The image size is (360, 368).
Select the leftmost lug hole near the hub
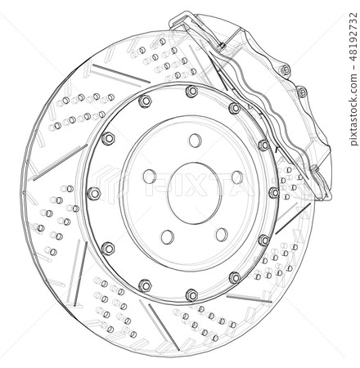149,175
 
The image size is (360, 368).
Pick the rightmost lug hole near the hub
236,177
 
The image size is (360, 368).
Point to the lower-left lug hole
167,236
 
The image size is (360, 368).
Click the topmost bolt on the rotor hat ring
191,90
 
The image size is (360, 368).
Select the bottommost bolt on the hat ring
191,293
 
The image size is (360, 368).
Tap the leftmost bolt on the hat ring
93,193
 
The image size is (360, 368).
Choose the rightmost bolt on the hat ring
273,193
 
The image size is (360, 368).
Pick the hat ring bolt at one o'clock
235,107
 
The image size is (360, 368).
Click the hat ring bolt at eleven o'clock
145,101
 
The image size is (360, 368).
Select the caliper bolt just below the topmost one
301,91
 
